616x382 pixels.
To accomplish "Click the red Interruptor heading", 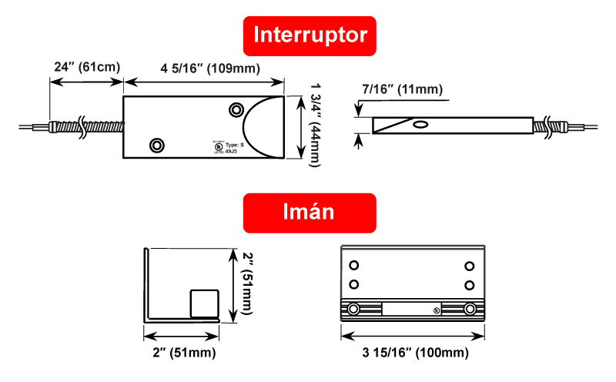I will (x=310, y=35).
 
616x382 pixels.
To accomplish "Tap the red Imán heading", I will (x=310, y=212).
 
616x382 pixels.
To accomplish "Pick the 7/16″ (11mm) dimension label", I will (x=402, y=89).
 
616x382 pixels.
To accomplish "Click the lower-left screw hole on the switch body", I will (x=157, y=144).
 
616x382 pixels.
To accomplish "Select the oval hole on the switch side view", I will (x=420, y=124).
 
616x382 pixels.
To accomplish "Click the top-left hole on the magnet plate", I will (x=354, y=266).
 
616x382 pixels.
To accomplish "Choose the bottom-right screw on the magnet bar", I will (x=470, y=310).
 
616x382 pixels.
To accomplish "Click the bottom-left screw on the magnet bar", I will (x=353, y=310).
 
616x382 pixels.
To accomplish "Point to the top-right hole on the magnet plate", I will (x=470, y=266).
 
